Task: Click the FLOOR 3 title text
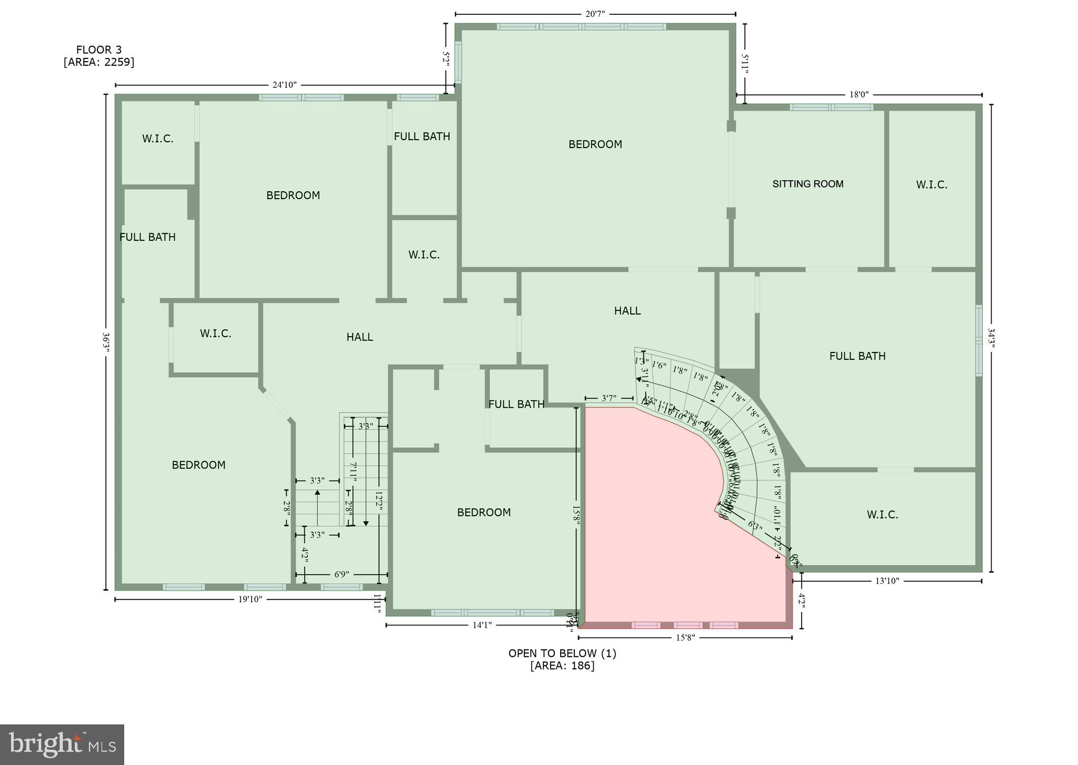click(99, 50)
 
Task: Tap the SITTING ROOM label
click(807, 184)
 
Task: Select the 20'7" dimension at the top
click(595, 14)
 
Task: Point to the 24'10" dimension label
click(284, 85)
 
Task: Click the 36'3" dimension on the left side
click(106, 343)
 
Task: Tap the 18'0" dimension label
click(859, 95)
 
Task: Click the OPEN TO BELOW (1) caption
click(562, 653)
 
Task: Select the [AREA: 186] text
click(562, 665)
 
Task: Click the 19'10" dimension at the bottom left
click(250, 599)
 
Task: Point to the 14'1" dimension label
click(482, 625)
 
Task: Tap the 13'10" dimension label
click(887, 581)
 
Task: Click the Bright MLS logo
click(62, 744)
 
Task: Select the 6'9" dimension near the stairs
click(342, 574)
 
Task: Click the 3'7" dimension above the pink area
click(608, 398)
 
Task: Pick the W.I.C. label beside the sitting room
click(931, 185)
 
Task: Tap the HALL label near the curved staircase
click(627, 311)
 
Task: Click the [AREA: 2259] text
click(99, 62)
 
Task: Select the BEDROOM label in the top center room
click(595, 144)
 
